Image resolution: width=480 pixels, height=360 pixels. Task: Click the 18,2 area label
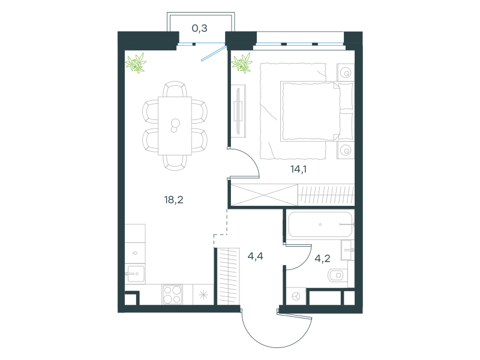173,200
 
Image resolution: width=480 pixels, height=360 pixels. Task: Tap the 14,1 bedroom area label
298,169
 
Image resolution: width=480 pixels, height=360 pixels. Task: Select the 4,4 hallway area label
256,256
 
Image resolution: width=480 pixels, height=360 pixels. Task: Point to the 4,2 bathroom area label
322,259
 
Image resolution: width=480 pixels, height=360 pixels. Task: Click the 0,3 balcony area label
200,28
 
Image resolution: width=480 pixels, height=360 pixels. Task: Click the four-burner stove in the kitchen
172,295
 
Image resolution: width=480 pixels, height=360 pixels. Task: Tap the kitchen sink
135,274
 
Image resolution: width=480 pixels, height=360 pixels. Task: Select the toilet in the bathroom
337,275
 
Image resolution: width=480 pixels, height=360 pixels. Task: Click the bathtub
320,224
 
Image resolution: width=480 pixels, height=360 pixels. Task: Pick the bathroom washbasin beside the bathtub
348,250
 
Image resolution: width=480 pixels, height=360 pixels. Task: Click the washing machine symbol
296,296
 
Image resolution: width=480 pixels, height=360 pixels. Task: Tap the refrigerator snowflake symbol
203,295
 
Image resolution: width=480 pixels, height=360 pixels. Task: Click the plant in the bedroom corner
242,64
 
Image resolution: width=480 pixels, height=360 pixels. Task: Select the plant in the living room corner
136,63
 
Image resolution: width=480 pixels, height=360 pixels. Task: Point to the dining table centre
175,126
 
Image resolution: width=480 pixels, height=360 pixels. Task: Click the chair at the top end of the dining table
175,89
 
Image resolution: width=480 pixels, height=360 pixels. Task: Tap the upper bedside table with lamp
346,72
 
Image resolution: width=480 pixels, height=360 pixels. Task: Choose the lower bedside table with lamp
346,150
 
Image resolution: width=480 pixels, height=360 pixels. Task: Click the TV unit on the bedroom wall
238,111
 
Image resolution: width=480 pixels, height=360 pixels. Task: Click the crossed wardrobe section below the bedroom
264,194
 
